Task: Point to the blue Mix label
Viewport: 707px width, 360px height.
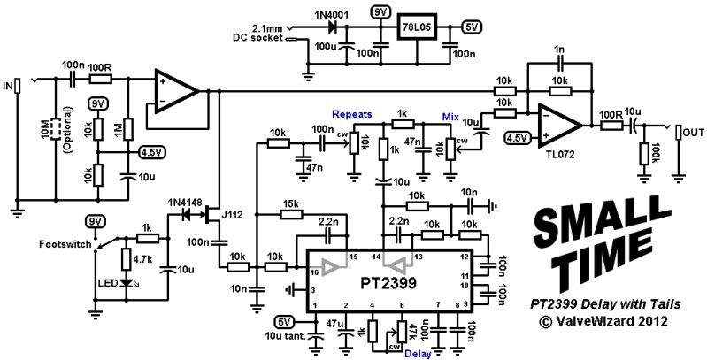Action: [x=452, y=117]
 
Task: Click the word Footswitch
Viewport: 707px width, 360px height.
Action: [x=65, y=244]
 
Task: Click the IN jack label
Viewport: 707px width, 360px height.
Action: [x=8, y=86]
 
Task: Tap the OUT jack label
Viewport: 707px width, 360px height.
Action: [x=690, y=133]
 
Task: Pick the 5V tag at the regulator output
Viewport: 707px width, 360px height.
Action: [x=473, y=26]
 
